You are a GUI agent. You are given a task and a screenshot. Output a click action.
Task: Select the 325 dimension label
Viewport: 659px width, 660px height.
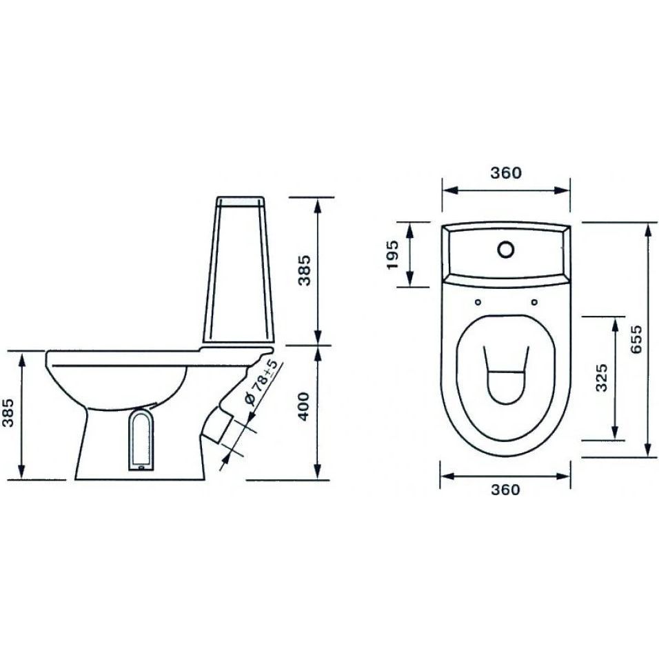tap(602, 377)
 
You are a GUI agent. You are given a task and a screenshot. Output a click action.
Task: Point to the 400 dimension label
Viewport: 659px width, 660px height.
tap(303, 407)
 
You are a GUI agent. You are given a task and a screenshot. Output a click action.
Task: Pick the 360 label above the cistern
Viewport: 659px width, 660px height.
tap(506, 172)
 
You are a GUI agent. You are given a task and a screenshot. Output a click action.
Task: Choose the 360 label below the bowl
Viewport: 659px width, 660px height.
tap(505, 490)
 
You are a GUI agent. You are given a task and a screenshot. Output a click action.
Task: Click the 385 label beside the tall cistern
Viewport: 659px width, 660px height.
tap(304, 270)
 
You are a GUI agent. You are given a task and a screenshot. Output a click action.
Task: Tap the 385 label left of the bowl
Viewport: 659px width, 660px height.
tap(8, 412)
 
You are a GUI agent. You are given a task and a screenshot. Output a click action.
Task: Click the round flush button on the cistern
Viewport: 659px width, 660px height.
tap(505, 249)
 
